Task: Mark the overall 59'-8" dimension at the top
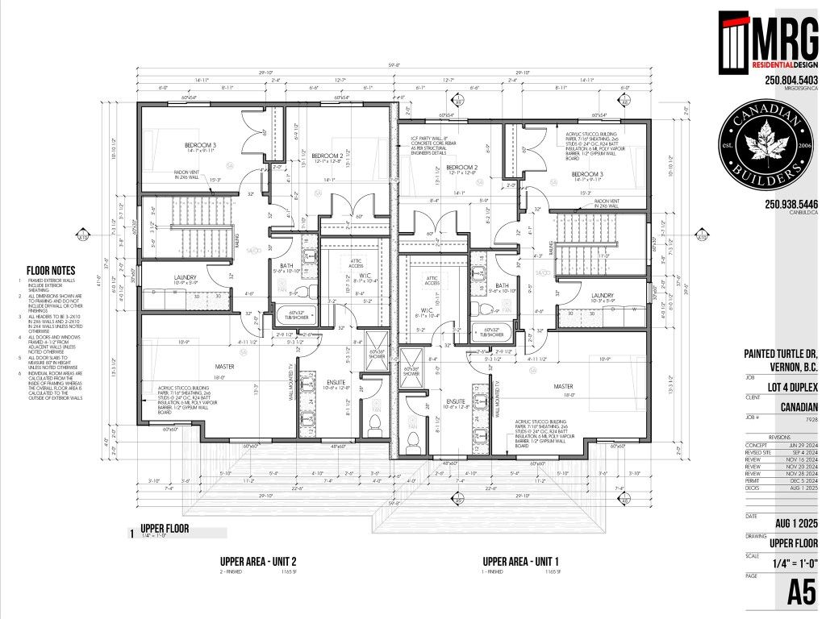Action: pyautogui.click(x=395, y=67)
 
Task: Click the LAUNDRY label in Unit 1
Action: pyautogui.click(x=603, y=296)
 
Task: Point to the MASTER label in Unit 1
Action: pyautogui.click(x=562, y=386)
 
